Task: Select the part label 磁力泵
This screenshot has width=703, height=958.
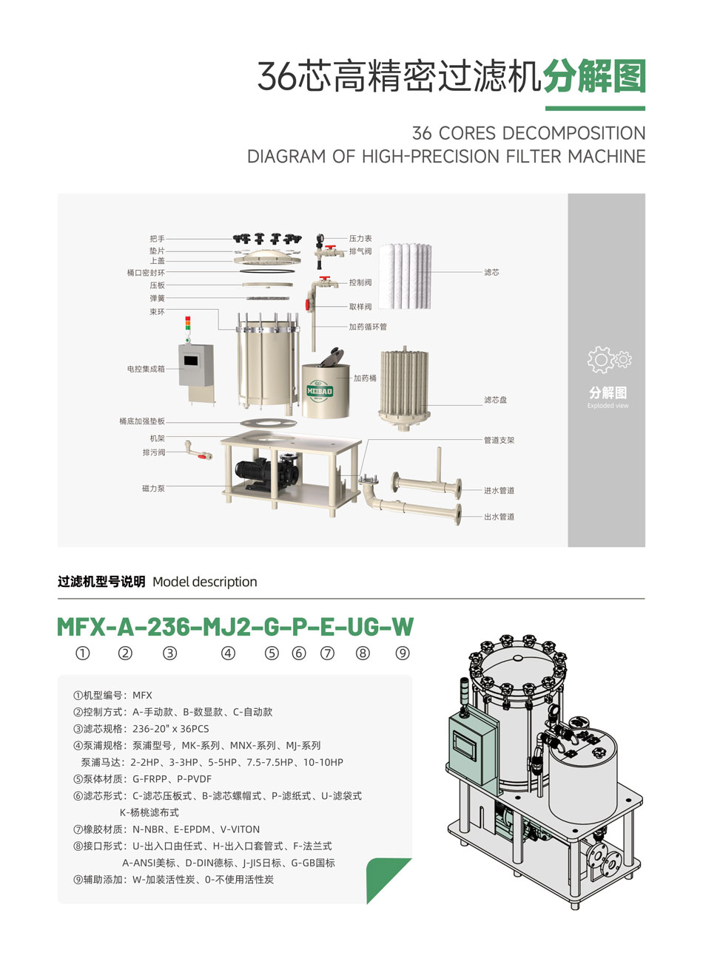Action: tap(153, 489)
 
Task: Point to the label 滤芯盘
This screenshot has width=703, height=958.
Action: tap(495, 400)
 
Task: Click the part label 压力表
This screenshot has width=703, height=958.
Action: tap(360, 239)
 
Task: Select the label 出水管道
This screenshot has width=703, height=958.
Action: tap(499, 517)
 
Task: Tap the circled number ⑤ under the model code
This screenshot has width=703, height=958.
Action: tap(272, 653)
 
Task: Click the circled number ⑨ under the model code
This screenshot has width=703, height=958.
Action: tap(402, 653)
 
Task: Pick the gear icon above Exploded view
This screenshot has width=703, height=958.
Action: tap(608, 360)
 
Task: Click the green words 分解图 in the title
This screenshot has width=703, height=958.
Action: tap(594, 77)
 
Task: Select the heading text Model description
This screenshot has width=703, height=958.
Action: tap(204, 582)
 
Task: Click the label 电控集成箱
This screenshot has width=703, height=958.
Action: tap(146, 368)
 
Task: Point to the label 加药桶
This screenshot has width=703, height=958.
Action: tap(365, 378)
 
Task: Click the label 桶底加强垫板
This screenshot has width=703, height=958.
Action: tap(142, 421)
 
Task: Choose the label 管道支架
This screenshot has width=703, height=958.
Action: tap(499, 440)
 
